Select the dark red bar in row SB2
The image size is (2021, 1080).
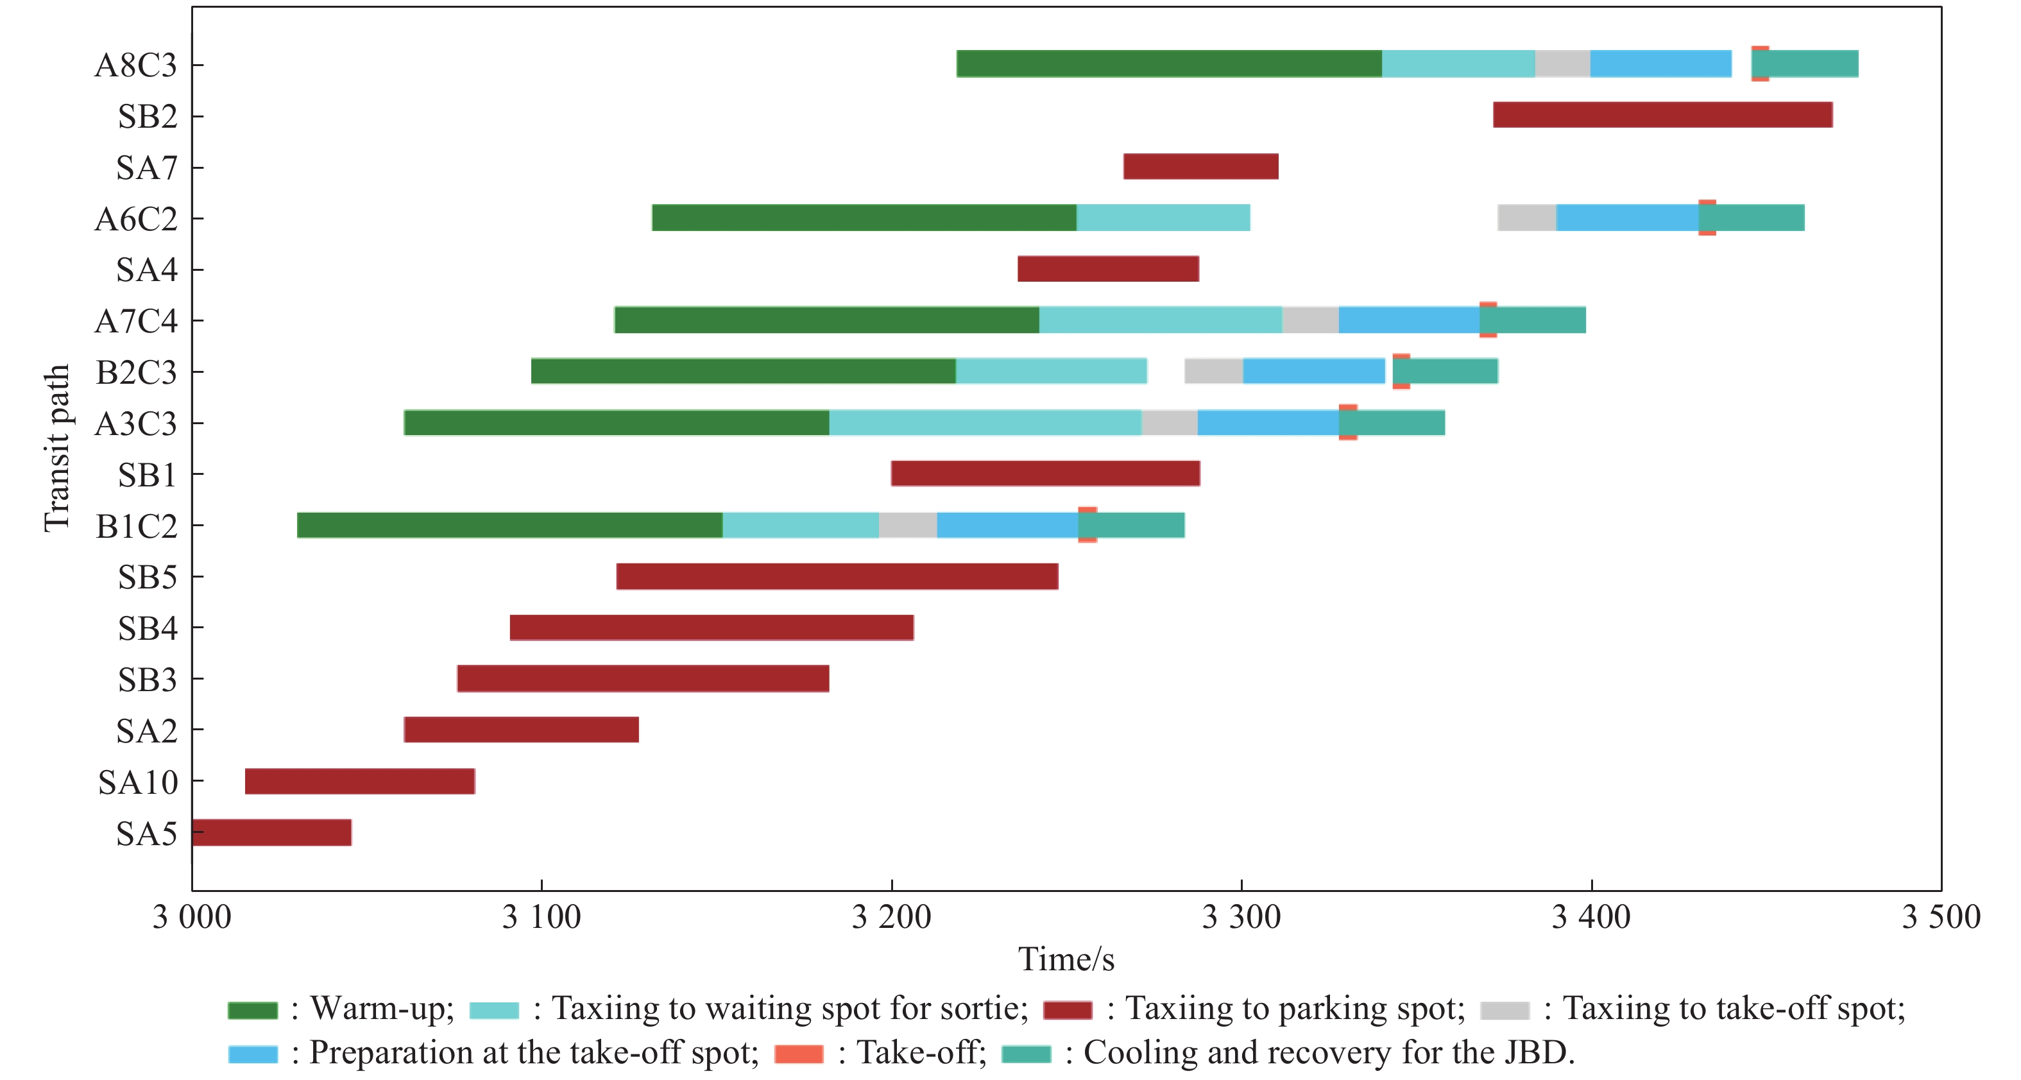1662,115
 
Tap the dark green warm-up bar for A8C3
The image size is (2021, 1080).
1169,64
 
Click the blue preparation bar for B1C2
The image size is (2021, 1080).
1007,525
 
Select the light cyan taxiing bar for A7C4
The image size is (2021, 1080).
1161,320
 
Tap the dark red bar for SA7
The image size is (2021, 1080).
1200,166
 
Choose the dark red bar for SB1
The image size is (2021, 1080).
1045,474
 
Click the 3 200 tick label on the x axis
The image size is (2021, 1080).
891,917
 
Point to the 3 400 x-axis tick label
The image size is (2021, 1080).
1591,917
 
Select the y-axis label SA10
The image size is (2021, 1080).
138,782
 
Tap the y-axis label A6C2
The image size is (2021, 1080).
136,219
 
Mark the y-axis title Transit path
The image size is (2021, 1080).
57,447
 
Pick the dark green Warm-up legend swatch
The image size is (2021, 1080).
252,1010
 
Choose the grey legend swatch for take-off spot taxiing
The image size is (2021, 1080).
1504,1010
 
